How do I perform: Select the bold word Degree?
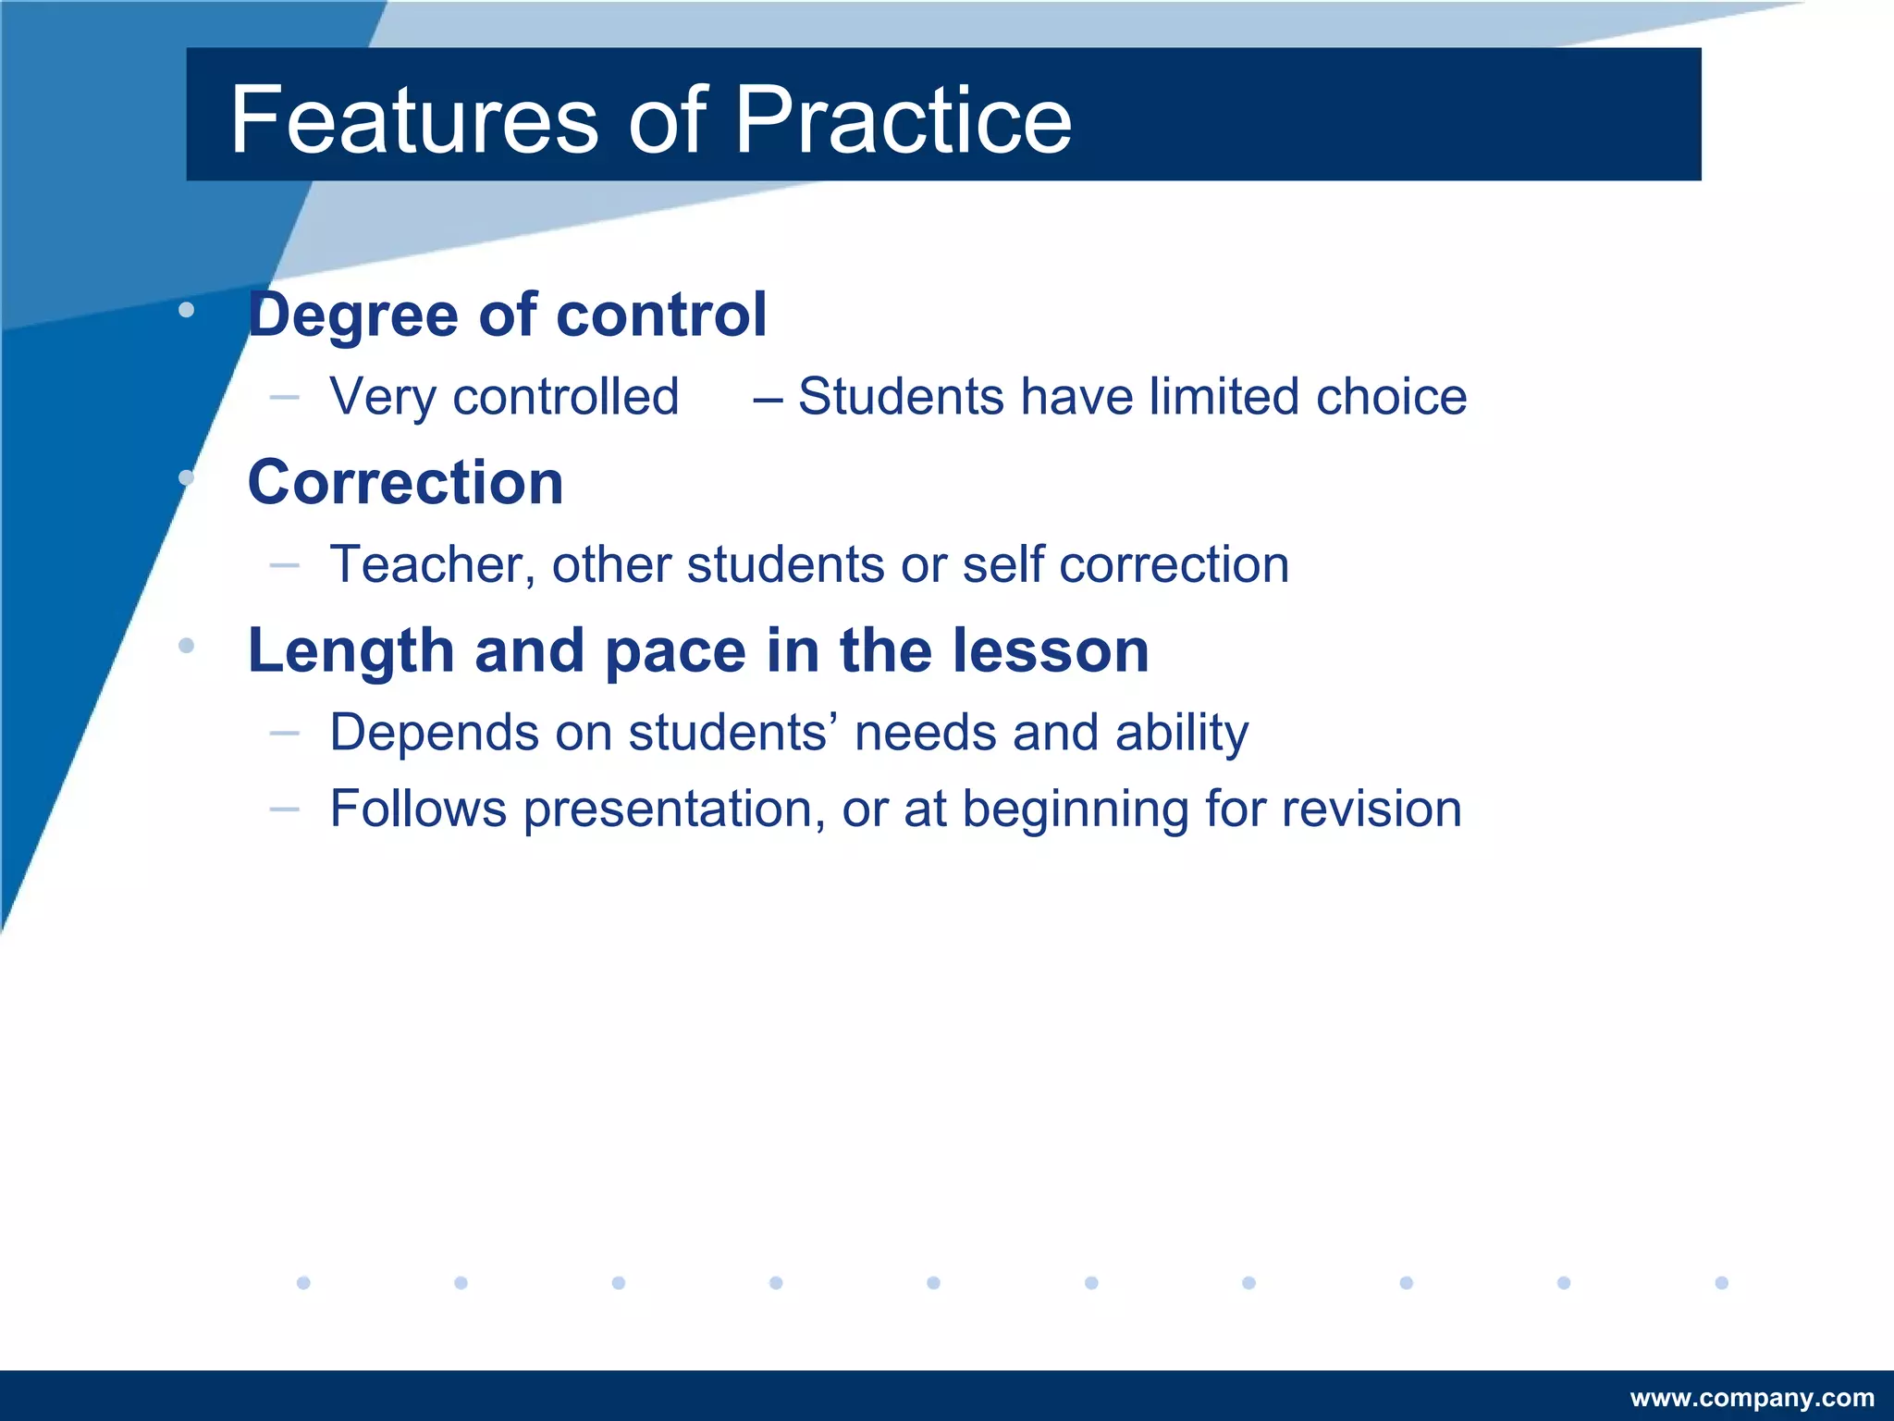(353, 315)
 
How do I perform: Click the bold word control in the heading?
(660, 315)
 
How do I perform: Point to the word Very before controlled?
(383, 398)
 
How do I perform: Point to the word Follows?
(418, 809)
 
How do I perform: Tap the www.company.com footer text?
(1752, 1398)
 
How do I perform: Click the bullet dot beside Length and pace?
(187, 646)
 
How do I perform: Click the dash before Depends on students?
(285, 734)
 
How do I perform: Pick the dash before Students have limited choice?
(767, 399)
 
